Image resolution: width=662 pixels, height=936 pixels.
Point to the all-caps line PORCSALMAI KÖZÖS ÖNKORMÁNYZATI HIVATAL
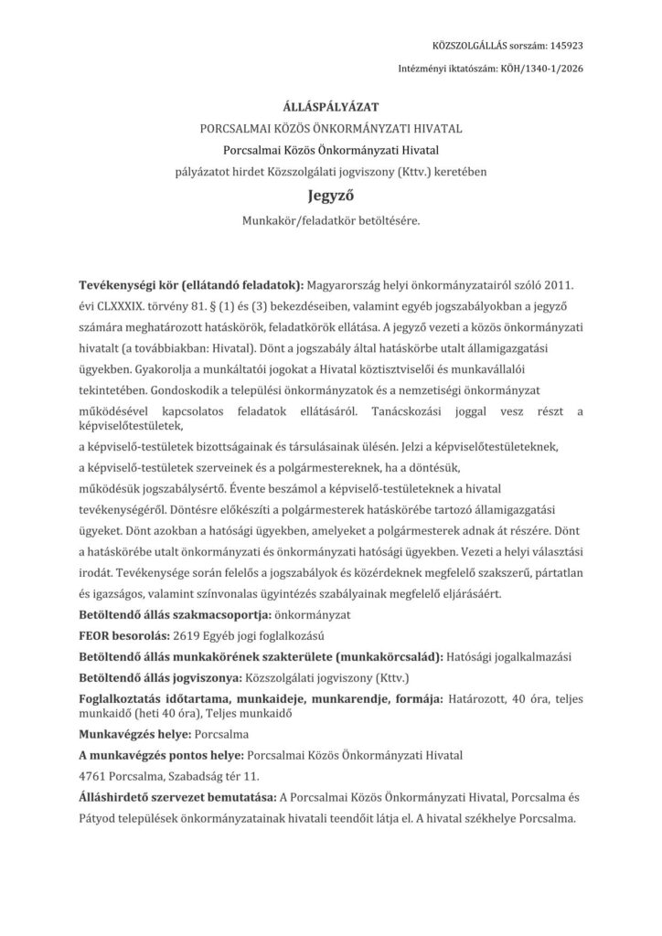tap(331, 130)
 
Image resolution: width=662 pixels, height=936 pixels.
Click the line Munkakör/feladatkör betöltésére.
tap(331, 220)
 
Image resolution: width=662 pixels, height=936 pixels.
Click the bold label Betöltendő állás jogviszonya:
tap(157, 677)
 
